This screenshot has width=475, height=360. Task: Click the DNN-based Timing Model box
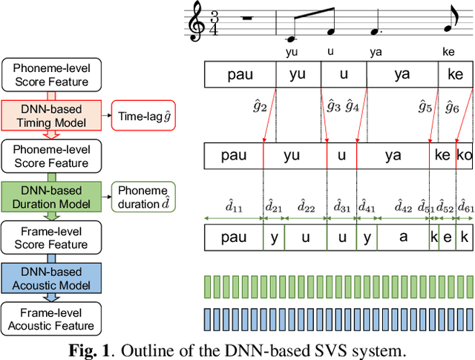(x=51, y=116)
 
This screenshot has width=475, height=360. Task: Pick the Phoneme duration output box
(x=143, y=196)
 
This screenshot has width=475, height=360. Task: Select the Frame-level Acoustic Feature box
(x=51, y=319)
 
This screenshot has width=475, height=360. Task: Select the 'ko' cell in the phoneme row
(x=465, y=156)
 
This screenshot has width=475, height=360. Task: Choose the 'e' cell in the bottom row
(x=448, y=238)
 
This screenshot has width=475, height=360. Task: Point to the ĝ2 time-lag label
(x=260, y=107)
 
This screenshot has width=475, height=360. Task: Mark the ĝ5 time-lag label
(x=425, y=107)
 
